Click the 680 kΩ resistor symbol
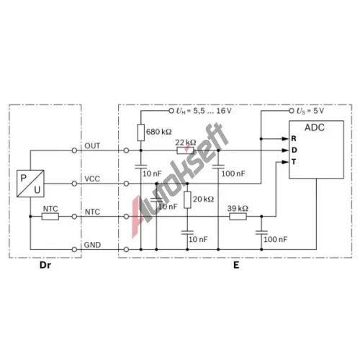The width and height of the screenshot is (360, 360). [x=141, y=132]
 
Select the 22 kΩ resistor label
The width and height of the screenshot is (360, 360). [x=186, y=143]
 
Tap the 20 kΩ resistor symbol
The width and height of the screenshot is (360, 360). [x=187, y=200]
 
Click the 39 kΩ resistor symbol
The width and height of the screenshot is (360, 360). [x=238, y=217]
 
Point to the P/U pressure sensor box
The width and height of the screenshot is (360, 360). [x=30, y=184]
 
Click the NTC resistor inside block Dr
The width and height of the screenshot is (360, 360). [x=50, y=217]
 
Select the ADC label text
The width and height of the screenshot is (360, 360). [x=315, y=127]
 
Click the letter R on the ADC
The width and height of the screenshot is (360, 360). [x=294, y=139]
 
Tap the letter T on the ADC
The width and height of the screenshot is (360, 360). [x=294, y=162]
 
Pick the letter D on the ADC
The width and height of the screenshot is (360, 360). [x=294, y=150]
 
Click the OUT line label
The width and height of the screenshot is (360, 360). [x=92, y=146]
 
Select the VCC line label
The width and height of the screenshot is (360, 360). [x=92, y=179]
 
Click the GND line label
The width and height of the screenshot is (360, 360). [x=92, y=245]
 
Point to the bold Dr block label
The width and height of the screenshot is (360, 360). [x=45, y=265]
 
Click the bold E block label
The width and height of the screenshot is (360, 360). [x=236, y=265]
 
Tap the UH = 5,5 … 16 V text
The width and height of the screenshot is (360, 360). [x=204, y=111]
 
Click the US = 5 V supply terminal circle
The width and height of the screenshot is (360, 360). [x=292, y=111]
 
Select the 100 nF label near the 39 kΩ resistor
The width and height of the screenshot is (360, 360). [x=275, y=239]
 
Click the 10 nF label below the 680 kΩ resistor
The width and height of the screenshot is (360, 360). [x=152, y=174]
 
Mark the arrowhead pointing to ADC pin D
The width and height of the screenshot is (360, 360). [x=285, y=150]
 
